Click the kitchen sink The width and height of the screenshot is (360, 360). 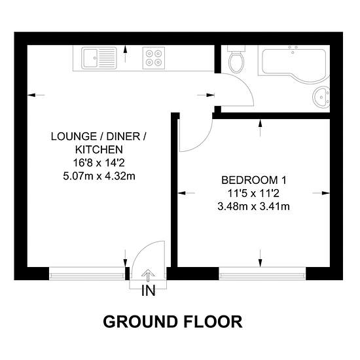click(98, 59)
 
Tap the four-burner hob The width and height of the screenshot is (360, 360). click(154, 59)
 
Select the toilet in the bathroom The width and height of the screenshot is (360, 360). click(238, 61)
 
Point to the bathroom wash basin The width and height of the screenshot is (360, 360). click(322, 97)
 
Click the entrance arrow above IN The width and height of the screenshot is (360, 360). click(148, 276)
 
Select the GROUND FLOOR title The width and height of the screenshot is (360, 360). click(173, 321)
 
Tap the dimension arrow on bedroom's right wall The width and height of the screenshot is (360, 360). click(321, 193)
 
